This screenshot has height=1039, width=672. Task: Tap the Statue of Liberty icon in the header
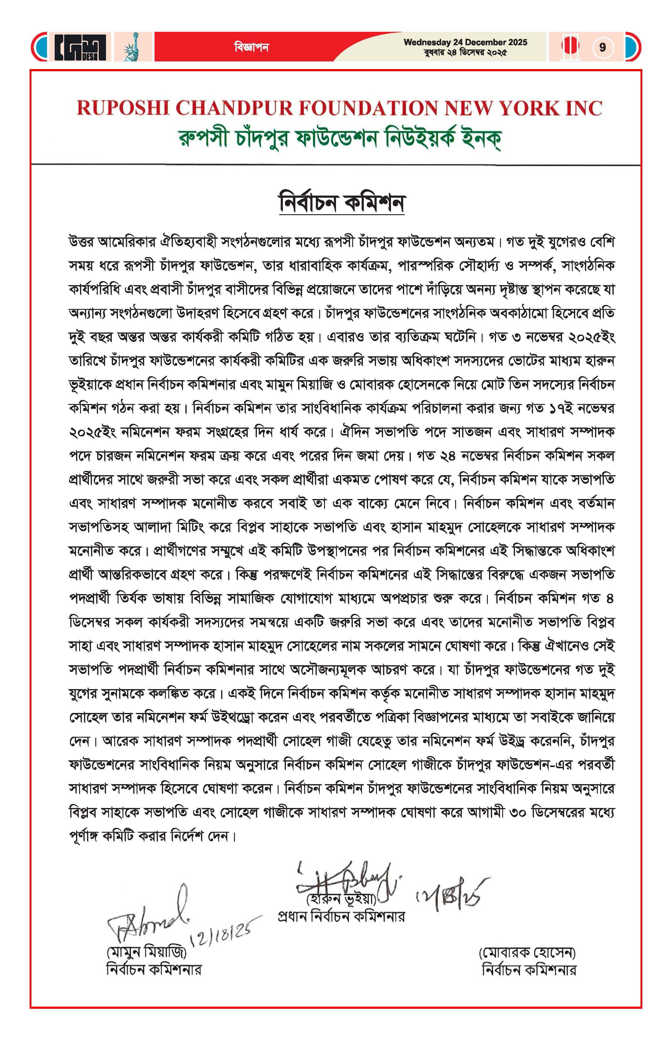[131, 47]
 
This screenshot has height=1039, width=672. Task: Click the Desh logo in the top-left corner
[80, 47]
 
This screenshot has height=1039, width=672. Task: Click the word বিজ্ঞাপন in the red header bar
[251, 47]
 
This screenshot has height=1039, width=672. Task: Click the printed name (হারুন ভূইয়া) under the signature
[341, 899]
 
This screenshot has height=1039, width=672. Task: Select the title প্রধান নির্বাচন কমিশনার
[341, 916]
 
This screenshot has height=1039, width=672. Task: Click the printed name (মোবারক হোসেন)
[527, 952]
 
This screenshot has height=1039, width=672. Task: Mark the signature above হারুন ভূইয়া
[345, 877]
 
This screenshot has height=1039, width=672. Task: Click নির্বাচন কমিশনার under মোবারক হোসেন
[529, 969]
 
